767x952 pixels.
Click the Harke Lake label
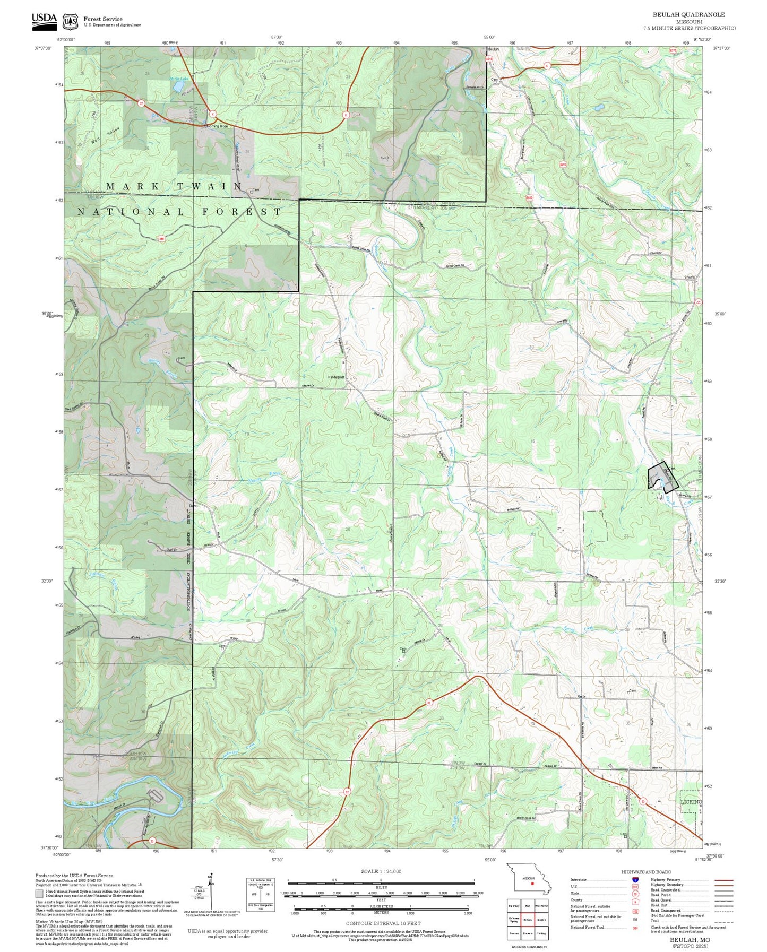(x=179, y=79)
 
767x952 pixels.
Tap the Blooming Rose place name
(x=216, y=126)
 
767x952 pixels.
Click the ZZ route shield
(x=141, y=103)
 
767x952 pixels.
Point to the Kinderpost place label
(x=337, y=377)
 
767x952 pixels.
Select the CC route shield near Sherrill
(x=699, y=302)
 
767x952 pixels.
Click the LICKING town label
(x=691, y=802)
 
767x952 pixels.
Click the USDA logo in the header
(x=44, y=19)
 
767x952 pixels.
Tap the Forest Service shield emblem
(x=70, y=21)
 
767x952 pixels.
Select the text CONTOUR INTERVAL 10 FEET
(x=383, y=923)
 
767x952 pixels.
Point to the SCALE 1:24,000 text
(x=381, y=871)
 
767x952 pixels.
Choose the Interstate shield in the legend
(x=635, y=880)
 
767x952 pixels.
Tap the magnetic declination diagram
(x=211, y=892)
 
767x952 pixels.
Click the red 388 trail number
(x=161, y=239)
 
